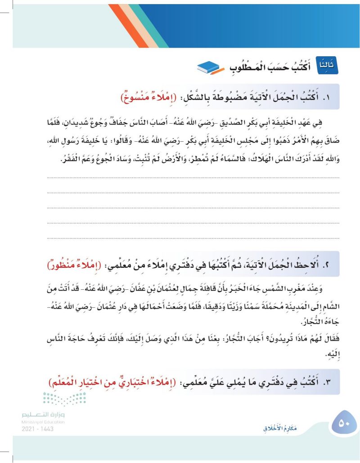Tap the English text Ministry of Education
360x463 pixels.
(43, 422)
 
